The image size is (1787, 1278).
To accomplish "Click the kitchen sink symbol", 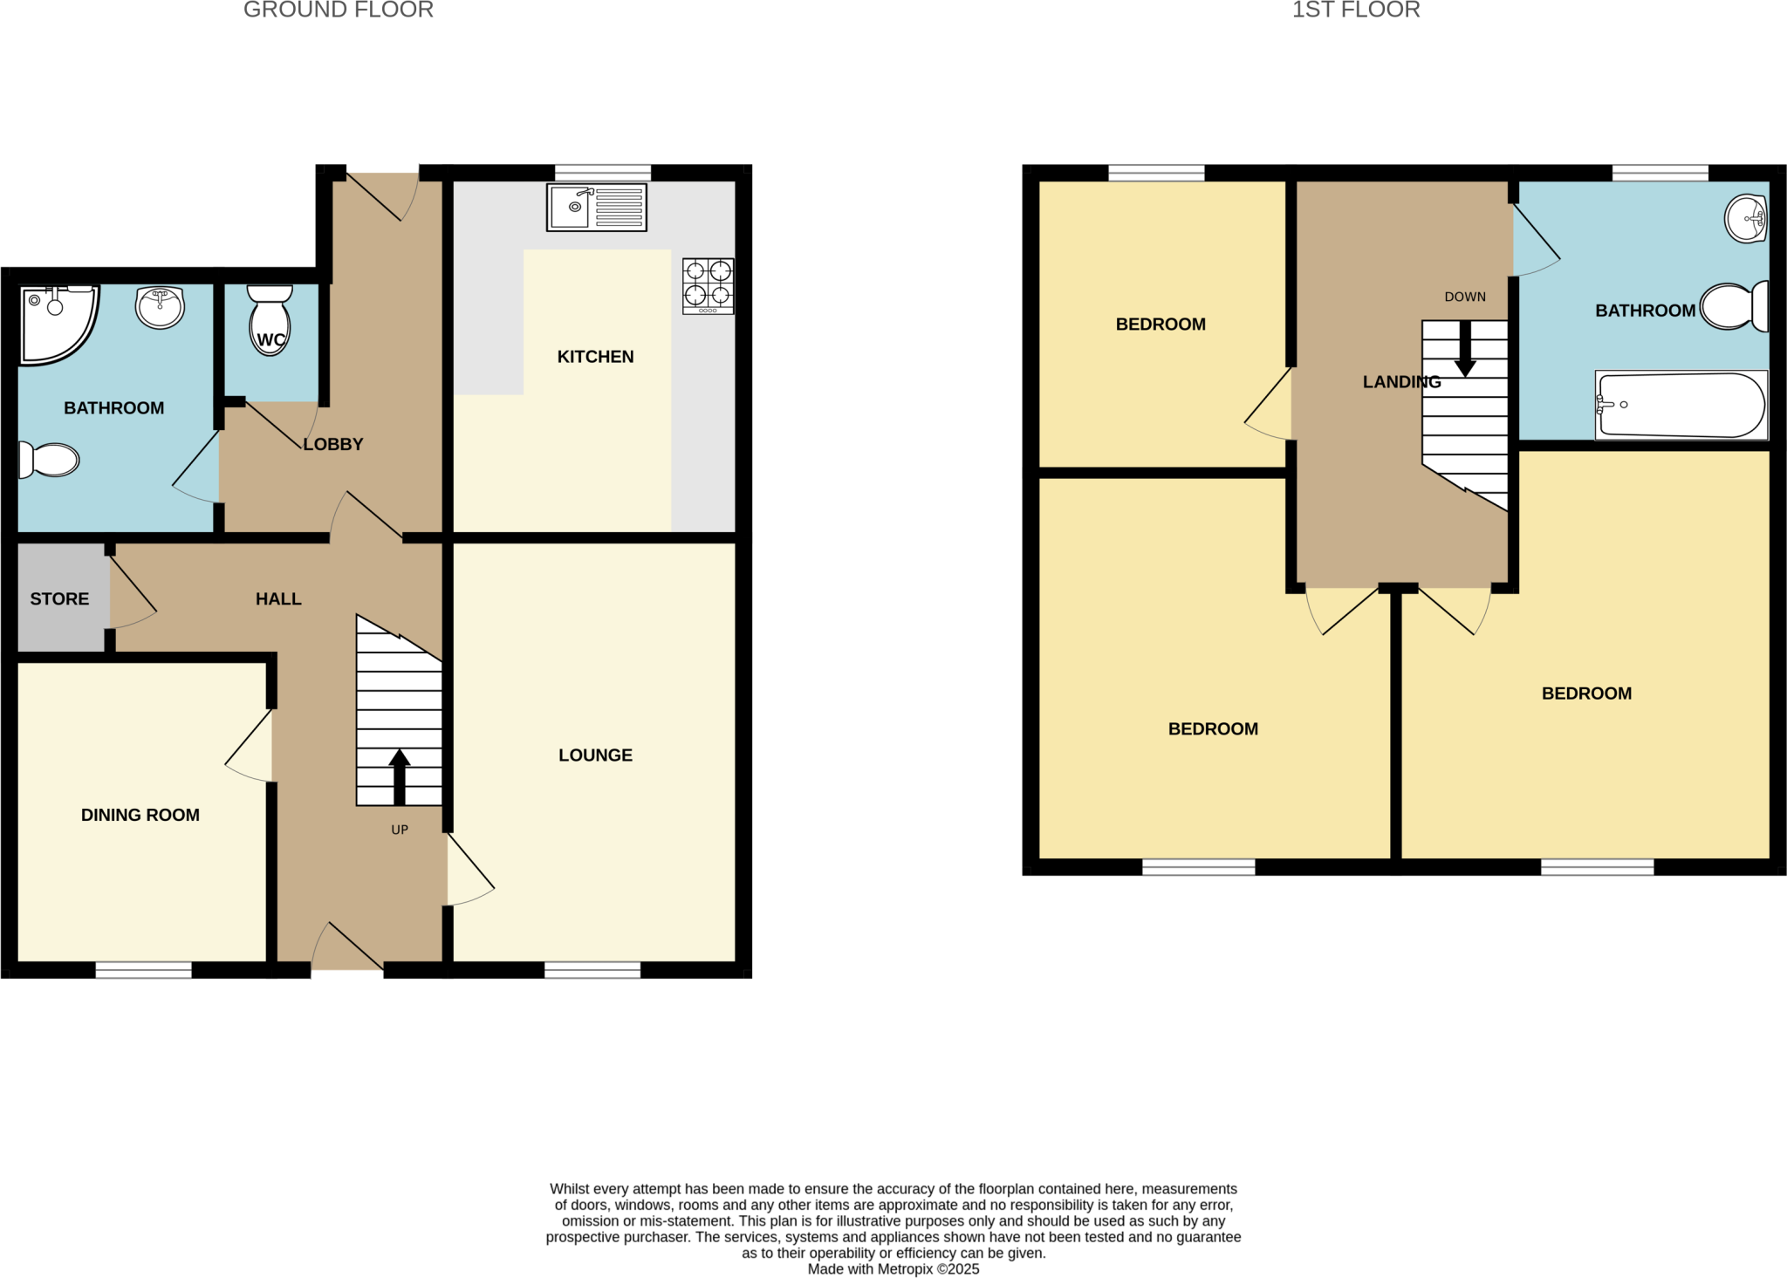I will (596, 208).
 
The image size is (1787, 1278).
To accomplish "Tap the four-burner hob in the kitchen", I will (708, 285).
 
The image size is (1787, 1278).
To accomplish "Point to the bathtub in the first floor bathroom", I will (1681, 406).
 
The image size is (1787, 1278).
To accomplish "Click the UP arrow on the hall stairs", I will (400, 776).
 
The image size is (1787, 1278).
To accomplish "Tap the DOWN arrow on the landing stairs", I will (1465, 348).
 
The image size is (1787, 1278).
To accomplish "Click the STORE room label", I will (59, 599).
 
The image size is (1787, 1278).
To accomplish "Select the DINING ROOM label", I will (140, 815).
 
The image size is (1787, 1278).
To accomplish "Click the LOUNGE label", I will (595, 755).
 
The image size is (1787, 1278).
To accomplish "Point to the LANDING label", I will (1401, 382).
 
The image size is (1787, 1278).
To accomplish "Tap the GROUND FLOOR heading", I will (339, 10).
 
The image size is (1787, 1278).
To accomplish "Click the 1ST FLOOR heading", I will (1356, 10).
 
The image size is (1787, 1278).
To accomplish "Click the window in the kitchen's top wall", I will (603, 172).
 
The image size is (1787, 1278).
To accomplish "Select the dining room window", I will (143, 969).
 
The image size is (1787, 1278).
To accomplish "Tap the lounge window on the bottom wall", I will (592, 969).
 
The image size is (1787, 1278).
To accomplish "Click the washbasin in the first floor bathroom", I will (1746, 218).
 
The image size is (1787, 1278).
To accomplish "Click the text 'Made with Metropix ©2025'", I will (893, 1269).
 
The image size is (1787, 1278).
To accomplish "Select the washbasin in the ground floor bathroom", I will (161, 306).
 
